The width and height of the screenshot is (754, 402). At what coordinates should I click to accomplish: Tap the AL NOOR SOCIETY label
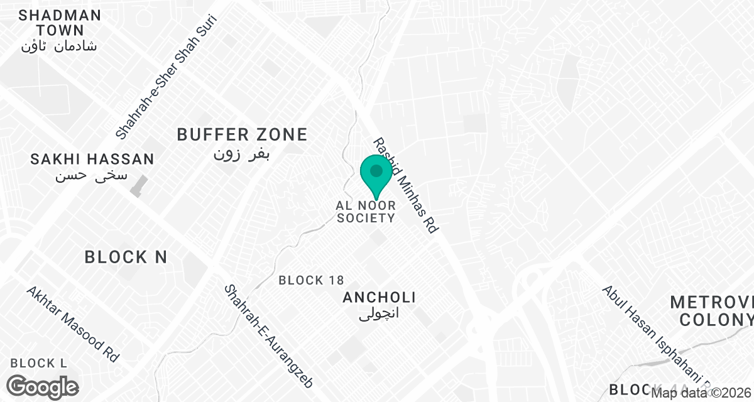[366, 212]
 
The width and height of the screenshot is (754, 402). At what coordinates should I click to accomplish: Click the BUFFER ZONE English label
[242, 134]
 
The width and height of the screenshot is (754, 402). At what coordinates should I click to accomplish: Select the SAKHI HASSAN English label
[92, 160]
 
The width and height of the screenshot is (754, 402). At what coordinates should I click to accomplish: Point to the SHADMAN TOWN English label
[60, 23]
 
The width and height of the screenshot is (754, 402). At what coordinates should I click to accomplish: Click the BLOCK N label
[126, 257]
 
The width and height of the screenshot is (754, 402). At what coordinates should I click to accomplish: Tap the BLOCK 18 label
[311, 280]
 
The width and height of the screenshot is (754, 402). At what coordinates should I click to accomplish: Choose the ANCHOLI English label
[379, 298]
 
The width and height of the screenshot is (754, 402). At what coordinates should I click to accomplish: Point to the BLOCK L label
[38, 363]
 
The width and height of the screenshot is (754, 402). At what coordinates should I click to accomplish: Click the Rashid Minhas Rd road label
[405, 186]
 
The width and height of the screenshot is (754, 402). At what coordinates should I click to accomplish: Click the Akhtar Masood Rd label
[72, 324]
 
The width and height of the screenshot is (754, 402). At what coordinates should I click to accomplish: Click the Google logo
[43, 386]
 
